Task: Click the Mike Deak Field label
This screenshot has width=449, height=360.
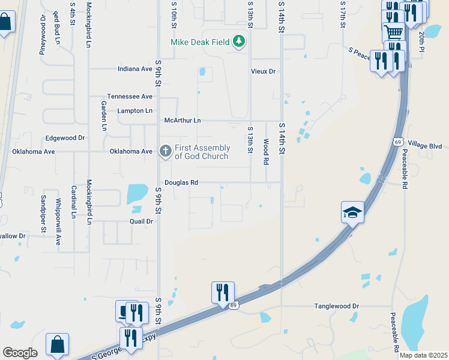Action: [201, 42]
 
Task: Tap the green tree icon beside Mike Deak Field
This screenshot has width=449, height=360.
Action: [240, 41]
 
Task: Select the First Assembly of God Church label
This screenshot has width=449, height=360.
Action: [202, 152]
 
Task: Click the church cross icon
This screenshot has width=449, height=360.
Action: [165, 151]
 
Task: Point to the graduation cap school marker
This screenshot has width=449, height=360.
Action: [353, 212]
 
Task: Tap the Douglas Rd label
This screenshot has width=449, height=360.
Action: [181, 182]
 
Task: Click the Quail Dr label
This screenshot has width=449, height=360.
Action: [142, 221]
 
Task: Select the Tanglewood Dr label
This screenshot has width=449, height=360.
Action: [336, 306]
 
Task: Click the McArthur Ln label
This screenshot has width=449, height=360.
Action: [182, 121]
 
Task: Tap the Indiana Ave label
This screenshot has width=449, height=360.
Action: [135, 69]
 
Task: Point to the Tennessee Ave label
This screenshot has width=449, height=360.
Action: [130, 97]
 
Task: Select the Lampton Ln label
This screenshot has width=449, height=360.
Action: [134, 111]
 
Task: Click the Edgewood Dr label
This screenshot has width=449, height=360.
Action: [65, 138]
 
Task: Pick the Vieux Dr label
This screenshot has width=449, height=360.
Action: [263, 71]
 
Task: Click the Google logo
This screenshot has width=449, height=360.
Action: [20, 352]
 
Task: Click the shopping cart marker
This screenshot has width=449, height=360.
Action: [393, 32]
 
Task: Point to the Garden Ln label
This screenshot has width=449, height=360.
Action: [104, 116]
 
